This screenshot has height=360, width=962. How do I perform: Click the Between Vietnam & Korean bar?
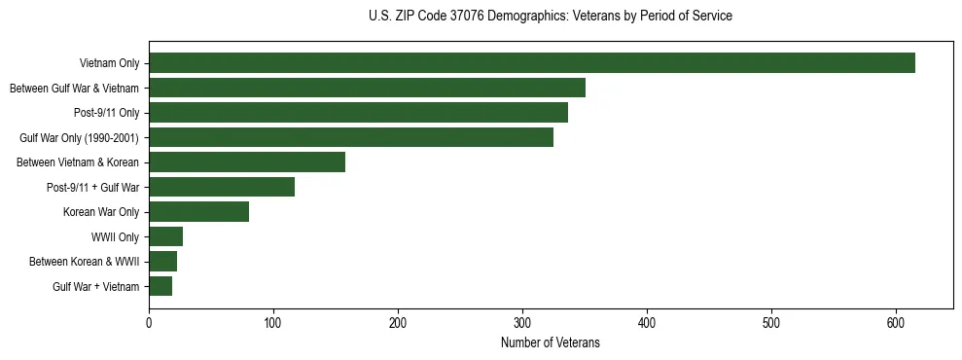tap(247, 162)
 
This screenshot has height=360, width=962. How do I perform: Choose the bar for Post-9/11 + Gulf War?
tap(222, 187)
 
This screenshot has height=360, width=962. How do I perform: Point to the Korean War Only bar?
tap(198, 212)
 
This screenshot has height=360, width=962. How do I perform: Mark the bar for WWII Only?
tap(165, 236)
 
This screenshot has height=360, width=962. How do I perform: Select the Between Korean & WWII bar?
tap(162, 262)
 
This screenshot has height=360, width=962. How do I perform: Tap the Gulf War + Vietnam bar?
tap(160, 286)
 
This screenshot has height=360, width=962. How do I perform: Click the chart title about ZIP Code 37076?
tap(551, 17)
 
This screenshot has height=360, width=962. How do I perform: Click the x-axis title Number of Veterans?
tap(551, 343)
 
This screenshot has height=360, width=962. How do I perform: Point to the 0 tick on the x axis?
tap(149, 324)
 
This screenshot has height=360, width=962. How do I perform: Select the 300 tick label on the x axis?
tap(522, 324)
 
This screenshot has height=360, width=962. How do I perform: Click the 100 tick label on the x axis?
tap(273, 324)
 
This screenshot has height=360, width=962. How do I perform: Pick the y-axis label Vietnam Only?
tap(109, 64)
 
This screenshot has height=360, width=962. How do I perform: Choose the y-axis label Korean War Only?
tap(101, 212)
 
